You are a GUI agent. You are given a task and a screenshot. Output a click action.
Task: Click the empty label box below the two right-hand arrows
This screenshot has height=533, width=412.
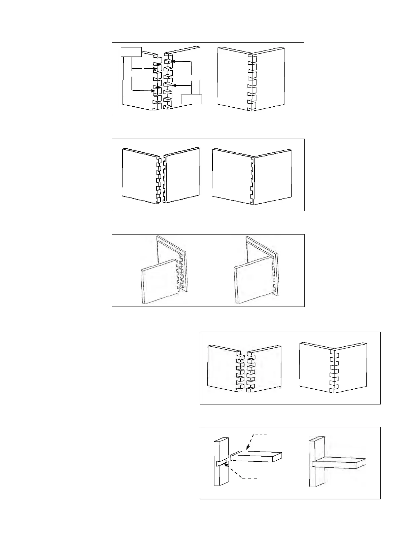191,100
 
